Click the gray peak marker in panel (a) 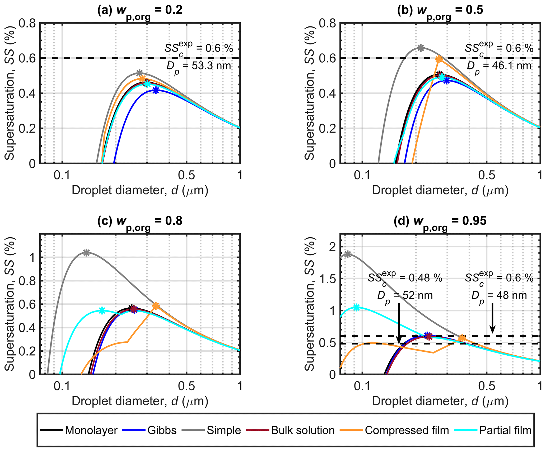[x=139, y=73]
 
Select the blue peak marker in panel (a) [x=156, y=90]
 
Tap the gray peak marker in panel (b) [x=421, y=48]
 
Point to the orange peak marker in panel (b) [x=439, y=59]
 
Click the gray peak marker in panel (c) [x=86, y=252]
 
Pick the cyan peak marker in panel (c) [x=102, y=310]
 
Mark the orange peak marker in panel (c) [x=156, y=306]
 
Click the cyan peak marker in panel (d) [x=356, y=307]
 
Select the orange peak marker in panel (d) [x=462, y=338]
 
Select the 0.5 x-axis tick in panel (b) [x=487, y=175]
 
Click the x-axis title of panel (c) [x=140, y=401]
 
